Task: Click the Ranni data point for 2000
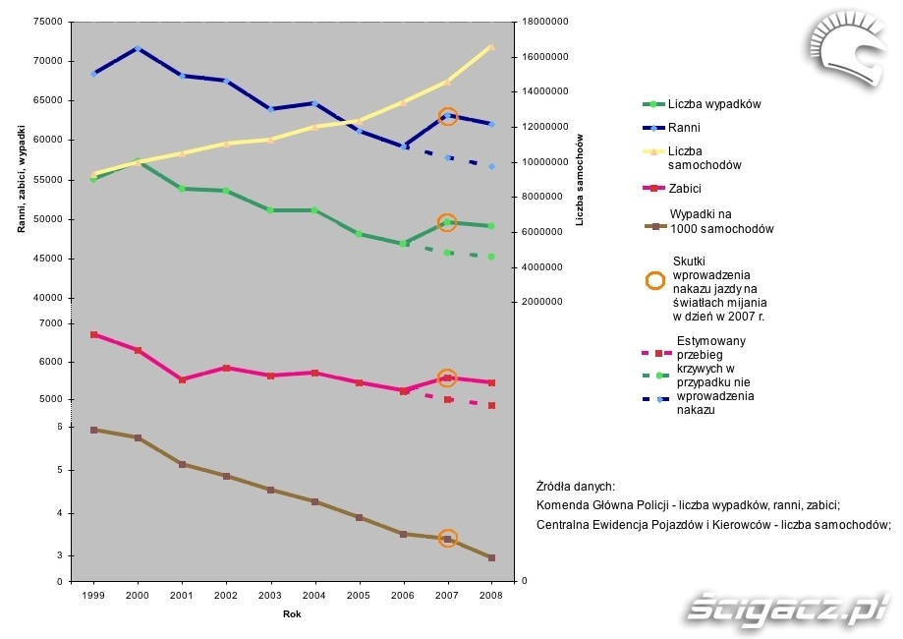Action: (x=138, y=48)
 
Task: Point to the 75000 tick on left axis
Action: (x=48, y=21)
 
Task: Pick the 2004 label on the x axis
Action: (x=314, y=595)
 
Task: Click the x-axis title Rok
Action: (x=292, y=614)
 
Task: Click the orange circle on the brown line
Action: (x=447, y=539)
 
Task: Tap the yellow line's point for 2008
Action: (x=491, y=46)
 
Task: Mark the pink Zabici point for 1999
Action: (x=93, y=335)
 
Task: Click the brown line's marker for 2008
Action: (x=491, y=557)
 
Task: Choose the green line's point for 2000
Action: (x=138, y=161)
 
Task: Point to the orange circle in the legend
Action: (x=654, y=279)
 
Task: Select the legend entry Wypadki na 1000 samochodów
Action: (x=721, y=221)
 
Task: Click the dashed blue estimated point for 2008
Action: (x=491, y=167)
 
